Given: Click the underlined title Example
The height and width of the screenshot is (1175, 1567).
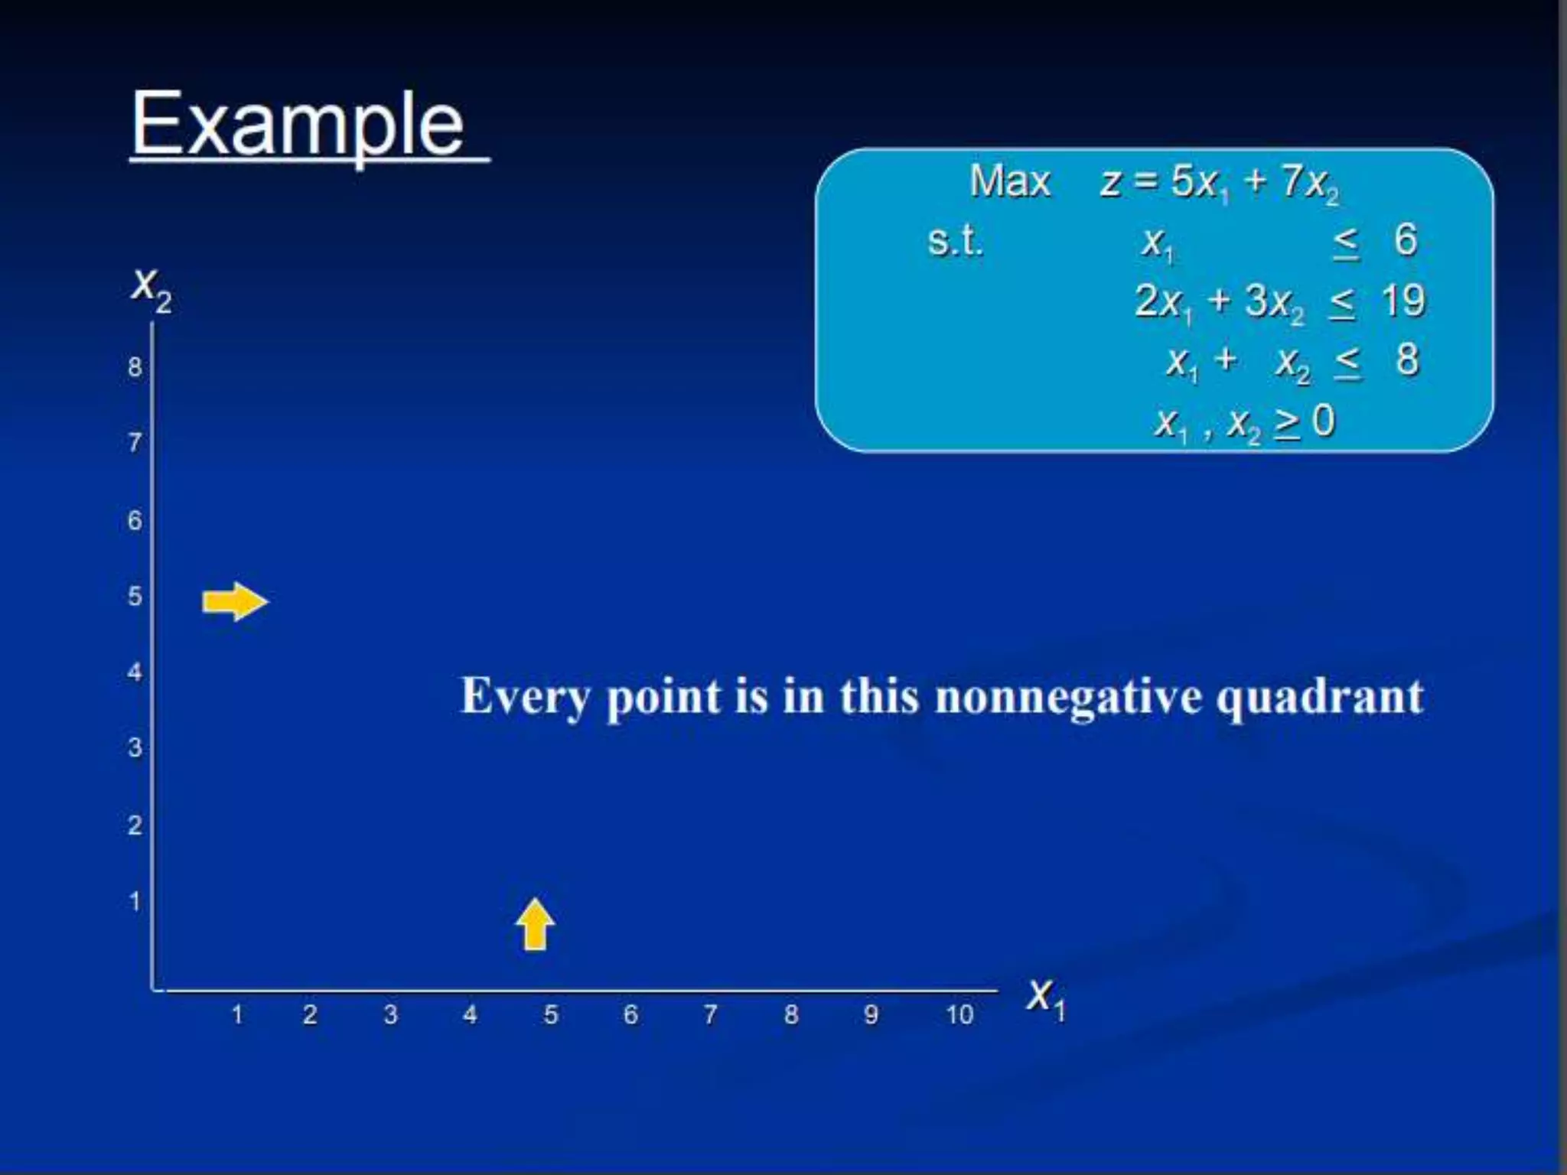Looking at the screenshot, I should click(x=298, y=124).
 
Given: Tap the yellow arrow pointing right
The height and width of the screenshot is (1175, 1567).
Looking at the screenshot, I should click(x=235, y=602).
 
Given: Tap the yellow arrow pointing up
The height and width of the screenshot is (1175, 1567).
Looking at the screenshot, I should click(x=535, y=924).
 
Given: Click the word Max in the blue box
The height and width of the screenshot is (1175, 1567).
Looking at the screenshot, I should click(x=1010, y=182).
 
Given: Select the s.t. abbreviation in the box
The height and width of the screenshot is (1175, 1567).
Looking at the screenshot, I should click(x=954, y=242).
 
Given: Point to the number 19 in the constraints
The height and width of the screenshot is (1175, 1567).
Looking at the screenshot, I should click(x=1403, y=301).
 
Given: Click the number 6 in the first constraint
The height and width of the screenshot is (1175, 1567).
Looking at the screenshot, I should click(x=1406, y=240).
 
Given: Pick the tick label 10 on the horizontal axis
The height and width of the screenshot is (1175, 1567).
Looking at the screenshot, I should click(x=959, y=1015).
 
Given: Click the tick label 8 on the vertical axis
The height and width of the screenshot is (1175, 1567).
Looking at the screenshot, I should click(x=135, y=367).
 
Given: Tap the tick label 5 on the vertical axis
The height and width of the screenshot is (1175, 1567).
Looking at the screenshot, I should click(x=135, y=596).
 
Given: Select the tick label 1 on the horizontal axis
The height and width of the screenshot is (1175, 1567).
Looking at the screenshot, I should click(x=237, y=1015).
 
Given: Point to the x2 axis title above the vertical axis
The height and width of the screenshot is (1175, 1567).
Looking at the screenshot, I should click(x=151, y=289).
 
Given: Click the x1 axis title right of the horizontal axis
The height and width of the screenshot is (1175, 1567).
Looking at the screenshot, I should click(x=1046, y=998).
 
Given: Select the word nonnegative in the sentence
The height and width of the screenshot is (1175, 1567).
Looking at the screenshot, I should click(x=1068, y=697).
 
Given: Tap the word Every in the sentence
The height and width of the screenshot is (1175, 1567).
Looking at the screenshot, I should click(x=526, y=697).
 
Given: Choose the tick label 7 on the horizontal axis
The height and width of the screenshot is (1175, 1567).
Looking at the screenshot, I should click(x=710, y=1015).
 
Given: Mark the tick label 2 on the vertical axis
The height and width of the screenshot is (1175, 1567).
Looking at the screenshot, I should click(x=135, y=825).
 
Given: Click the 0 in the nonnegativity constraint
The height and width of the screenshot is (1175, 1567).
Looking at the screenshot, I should click(x=1324, y=421).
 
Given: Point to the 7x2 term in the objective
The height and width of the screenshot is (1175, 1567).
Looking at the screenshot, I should click(x=1310, y=184).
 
